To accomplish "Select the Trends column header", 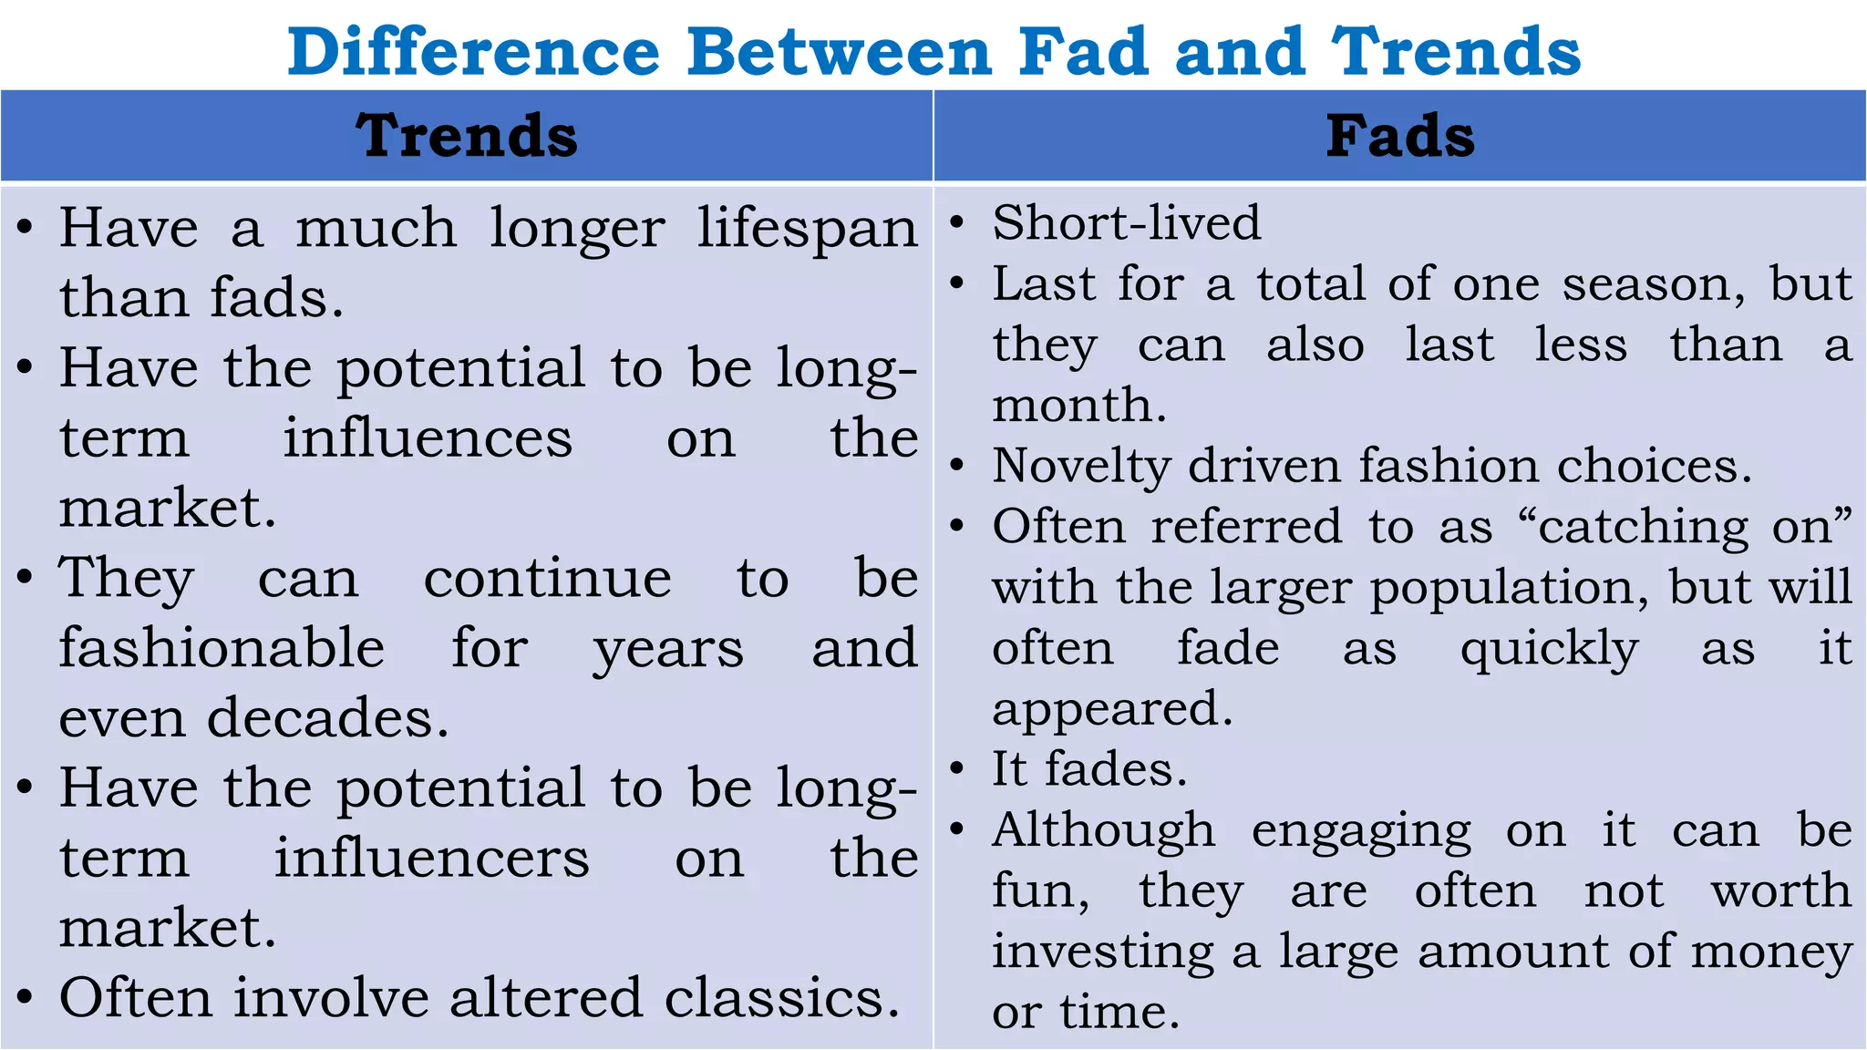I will click(467, 137).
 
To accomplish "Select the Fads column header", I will click(1400, 137).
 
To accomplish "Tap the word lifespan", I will click(808, 229).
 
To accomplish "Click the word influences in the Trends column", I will click(428, 438).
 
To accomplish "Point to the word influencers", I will click(432, 859).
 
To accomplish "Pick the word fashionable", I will click(222, 648).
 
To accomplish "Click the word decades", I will click(327, 718).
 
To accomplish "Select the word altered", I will click(546, 998).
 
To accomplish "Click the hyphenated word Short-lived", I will click(1127, 223).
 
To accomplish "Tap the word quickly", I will click(1549, 649).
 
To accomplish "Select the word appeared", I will click(1112, 710).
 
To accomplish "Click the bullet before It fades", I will click(956, 769).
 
